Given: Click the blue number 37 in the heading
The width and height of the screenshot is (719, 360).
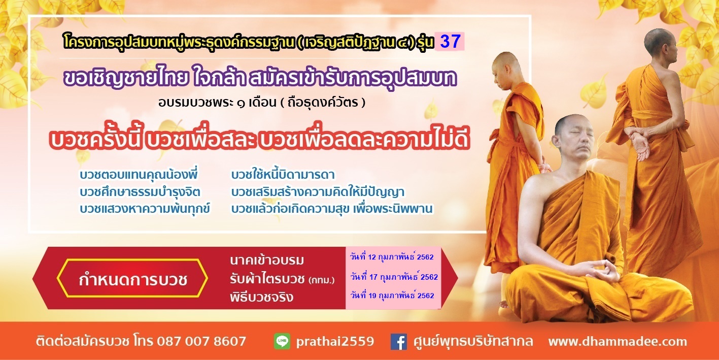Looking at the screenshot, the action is coord(451,42).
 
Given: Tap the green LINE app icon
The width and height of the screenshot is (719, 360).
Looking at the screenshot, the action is coord(282,341).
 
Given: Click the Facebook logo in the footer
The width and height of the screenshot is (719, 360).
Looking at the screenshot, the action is coord(399,341).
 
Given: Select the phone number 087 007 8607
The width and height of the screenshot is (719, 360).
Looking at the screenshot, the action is coord(201,341).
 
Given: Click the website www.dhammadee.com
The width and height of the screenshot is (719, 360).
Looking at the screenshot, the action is coord(618,341).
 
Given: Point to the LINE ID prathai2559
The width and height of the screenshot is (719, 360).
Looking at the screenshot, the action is coord(335,342).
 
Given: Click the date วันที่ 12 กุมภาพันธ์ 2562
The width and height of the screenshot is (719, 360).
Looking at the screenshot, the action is coord(392,257).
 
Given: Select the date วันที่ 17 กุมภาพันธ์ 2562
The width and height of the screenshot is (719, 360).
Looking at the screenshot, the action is coord(394,277).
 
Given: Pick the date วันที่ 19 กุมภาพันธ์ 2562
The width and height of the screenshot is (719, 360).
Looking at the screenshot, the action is coord(392,296).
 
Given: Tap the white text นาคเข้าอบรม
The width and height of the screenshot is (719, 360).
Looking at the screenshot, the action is coord(267,260).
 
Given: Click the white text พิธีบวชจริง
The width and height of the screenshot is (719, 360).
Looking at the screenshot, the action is coord(261,297).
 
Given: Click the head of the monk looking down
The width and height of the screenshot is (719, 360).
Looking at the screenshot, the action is coord(505,71).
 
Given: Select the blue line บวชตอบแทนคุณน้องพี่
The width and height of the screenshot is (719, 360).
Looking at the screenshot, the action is coord(139,175).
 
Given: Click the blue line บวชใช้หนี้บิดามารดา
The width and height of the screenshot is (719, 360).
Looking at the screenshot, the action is coord(283,175).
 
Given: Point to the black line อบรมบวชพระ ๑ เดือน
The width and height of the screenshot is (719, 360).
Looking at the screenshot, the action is coord(217,103).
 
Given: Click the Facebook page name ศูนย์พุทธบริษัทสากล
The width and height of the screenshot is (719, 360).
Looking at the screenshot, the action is coord(473,341).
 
